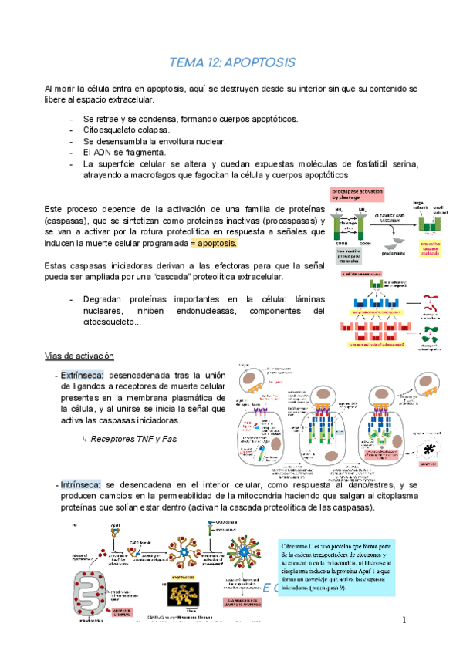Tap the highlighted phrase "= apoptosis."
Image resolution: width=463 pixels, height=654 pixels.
click(213, 244)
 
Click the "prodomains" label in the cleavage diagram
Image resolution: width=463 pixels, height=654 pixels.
click(390, 250)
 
